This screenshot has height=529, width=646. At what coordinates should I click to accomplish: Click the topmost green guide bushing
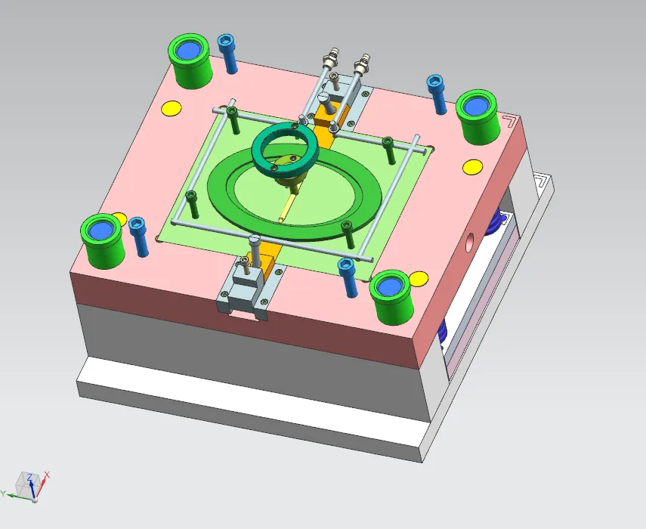190,60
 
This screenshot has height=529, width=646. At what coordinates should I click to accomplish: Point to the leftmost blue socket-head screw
139,236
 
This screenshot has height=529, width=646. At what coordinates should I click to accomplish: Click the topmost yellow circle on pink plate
172,108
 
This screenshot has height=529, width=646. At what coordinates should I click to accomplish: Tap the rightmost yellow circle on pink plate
473,167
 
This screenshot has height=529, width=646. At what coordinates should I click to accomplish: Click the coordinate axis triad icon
28,486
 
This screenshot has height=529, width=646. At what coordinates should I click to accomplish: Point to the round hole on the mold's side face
471,243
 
